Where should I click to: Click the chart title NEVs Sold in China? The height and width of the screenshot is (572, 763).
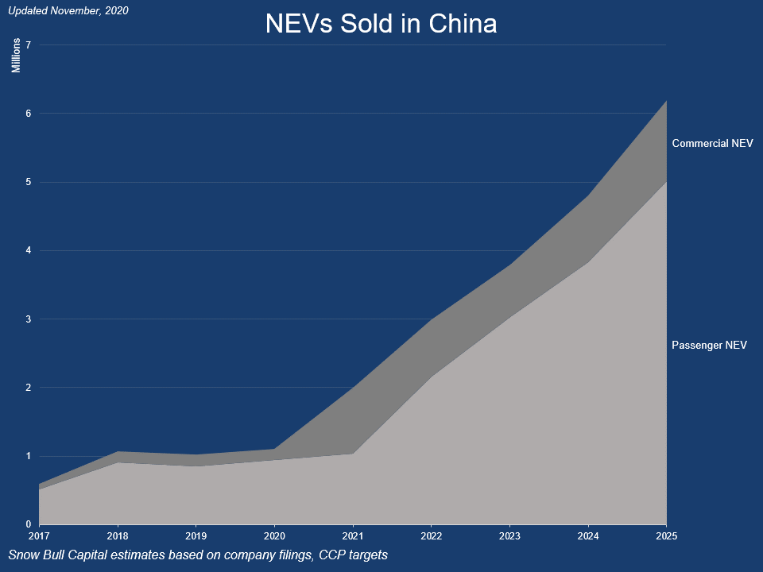pos(381,24)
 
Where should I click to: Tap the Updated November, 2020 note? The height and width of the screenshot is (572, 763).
pos(68,11)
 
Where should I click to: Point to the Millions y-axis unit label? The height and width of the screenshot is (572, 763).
pos(16,55)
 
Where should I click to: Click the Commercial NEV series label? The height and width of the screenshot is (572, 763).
pos(712,144)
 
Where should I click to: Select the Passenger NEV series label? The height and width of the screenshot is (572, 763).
pos(710,345)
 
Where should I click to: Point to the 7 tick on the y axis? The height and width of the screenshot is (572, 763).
pos(28,44)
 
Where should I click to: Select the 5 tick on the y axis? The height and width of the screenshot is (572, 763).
pos(28,182)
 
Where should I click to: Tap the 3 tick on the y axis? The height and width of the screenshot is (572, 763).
pos(28,319)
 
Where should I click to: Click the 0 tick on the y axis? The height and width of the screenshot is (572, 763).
pos(28,524)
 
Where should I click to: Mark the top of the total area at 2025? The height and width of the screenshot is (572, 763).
pos(665,100)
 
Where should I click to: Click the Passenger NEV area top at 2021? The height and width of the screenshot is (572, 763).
pos(352,454)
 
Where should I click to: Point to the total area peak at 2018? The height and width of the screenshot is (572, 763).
pos(118,451)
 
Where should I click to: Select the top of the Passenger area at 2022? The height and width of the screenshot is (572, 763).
pos(430,376)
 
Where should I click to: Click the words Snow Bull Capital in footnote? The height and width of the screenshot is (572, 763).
pos(56,555)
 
